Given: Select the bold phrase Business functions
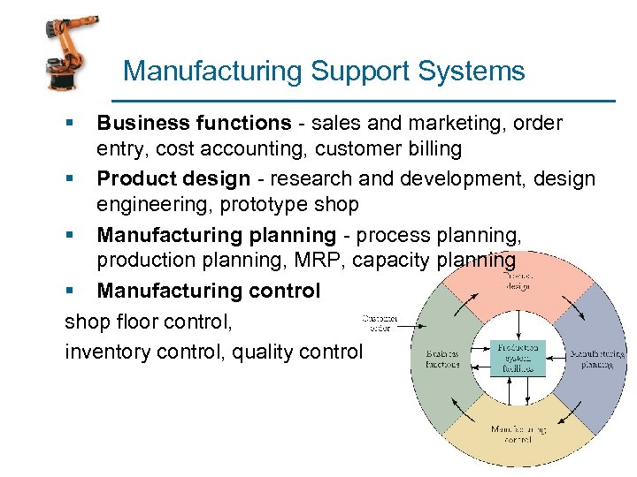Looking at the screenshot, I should pyautogui.click(x=194, y=123).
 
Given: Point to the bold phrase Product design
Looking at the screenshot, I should pyautogui.click(x=173, y=179).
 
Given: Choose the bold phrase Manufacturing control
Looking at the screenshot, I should pyautogui.click(x=209, y=291).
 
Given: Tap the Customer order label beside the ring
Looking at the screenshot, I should pyautogui.click(x=379, y=322).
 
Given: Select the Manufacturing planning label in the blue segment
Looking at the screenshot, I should pyautogui.click(x=597, y=359).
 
